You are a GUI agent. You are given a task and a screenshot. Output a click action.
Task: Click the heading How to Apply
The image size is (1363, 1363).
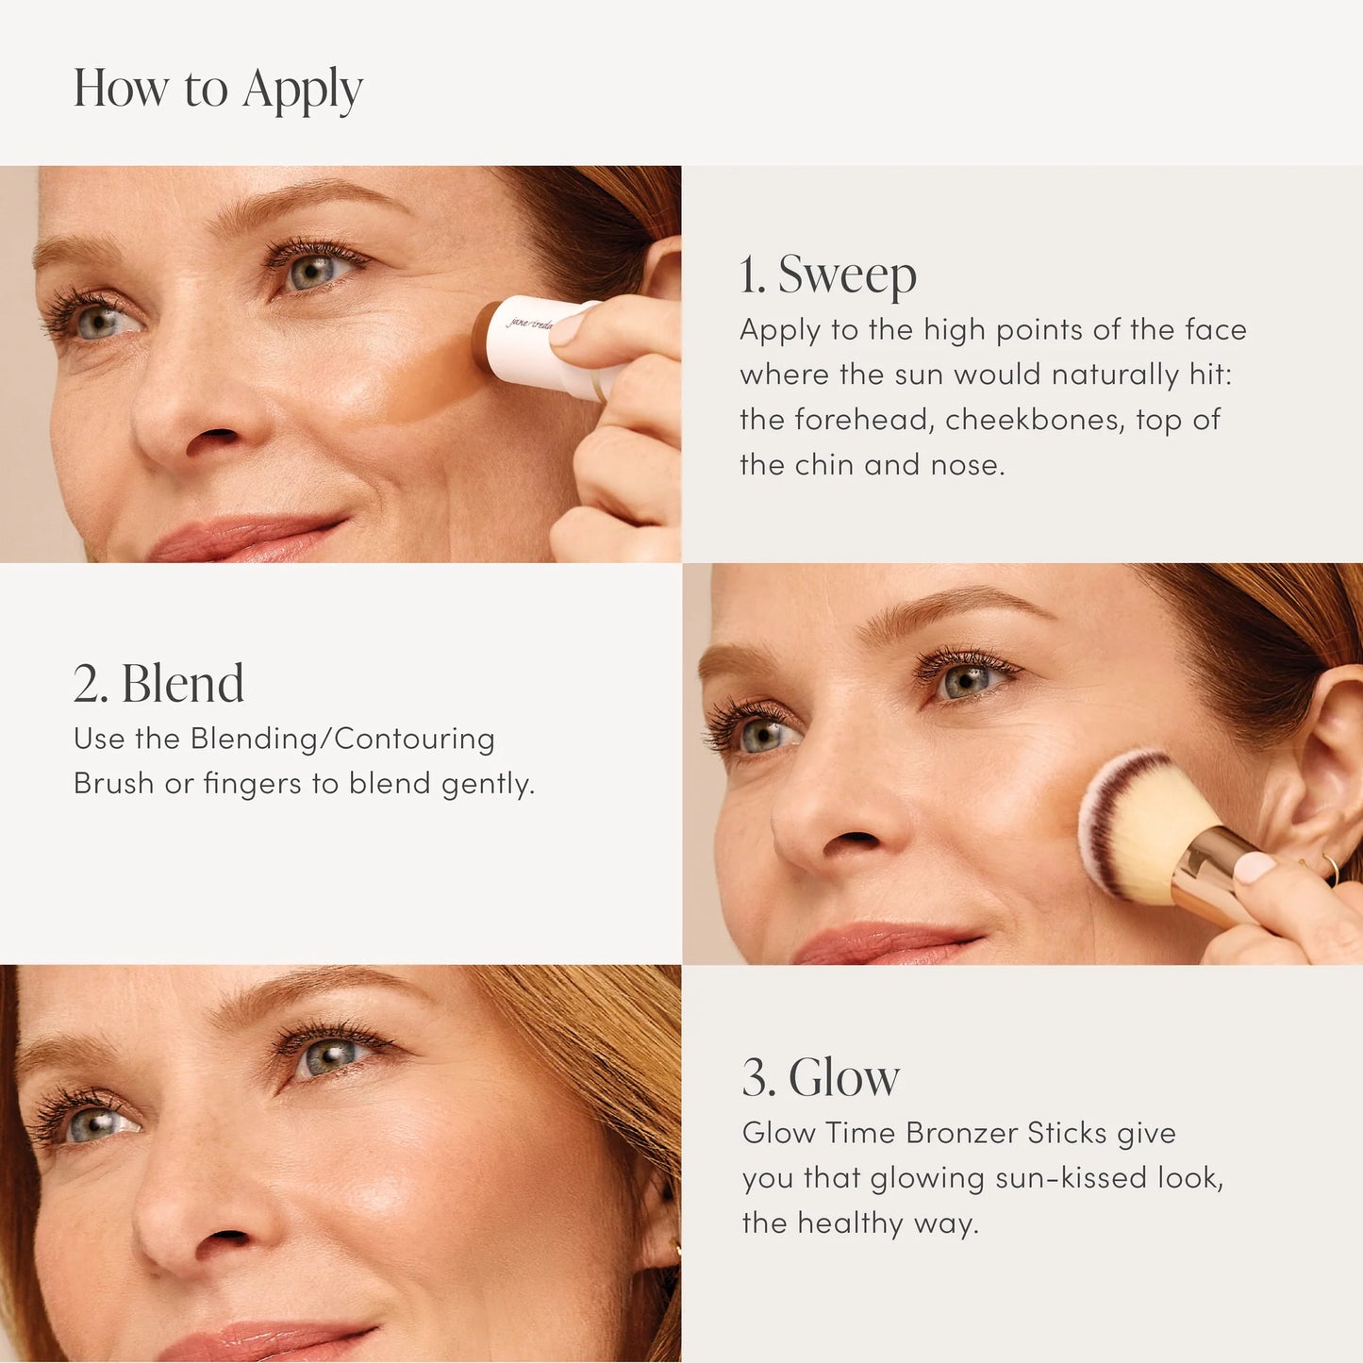click(218, 90)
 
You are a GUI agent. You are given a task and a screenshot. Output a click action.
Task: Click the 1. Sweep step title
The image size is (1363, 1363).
click(827, 274)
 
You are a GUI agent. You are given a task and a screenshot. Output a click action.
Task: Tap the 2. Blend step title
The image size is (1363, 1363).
click(158, 684)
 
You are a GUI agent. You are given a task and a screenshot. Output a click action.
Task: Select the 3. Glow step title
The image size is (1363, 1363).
click(821, 1077)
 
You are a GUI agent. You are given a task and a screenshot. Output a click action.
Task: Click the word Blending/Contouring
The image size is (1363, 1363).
click(342, 739)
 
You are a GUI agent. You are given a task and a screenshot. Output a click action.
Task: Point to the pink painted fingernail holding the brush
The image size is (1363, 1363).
click(1254, 867)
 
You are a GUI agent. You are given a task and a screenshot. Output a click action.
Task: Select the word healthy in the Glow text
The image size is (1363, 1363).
click(850, 1223)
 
